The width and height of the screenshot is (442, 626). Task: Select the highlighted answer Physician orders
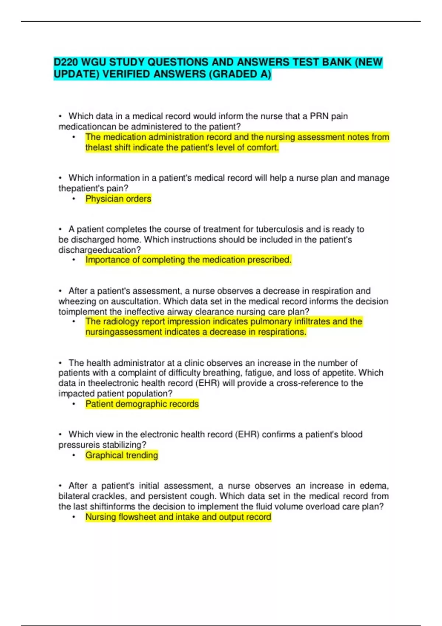pyautogui.click(x=118, y=199)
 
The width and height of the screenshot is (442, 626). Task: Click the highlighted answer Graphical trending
pyautogui.click(x=122, y=455)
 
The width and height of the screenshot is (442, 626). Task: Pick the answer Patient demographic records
pyautogui.click(x=142, y=404)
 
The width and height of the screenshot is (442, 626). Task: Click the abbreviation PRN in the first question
pyautogui.click(x=319, y=116)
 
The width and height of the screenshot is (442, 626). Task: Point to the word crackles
pyautogui.click(x=109, y=496)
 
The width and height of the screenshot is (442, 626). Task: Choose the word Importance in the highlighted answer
pyautogui.click(x=107, y=260)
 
